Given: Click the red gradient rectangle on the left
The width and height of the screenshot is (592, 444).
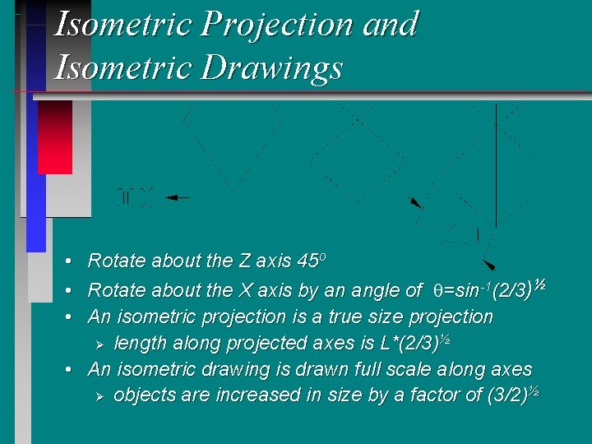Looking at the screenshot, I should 55,136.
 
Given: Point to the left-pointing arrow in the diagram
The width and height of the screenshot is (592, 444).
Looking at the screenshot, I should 178,197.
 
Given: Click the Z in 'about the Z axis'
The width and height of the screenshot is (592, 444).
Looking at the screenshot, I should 244,261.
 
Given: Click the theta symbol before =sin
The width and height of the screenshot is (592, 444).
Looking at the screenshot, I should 437,290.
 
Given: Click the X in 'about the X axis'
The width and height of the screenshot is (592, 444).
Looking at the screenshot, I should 245,290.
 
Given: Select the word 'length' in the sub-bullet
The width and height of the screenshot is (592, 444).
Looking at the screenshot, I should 141,343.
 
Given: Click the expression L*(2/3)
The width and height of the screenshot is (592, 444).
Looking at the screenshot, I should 401,343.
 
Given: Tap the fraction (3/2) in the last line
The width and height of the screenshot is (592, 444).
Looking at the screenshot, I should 507,395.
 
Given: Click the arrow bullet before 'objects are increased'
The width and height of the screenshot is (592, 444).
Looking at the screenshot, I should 99,395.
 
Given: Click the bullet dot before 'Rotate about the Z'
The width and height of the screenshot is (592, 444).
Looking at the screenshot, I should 71,261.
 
